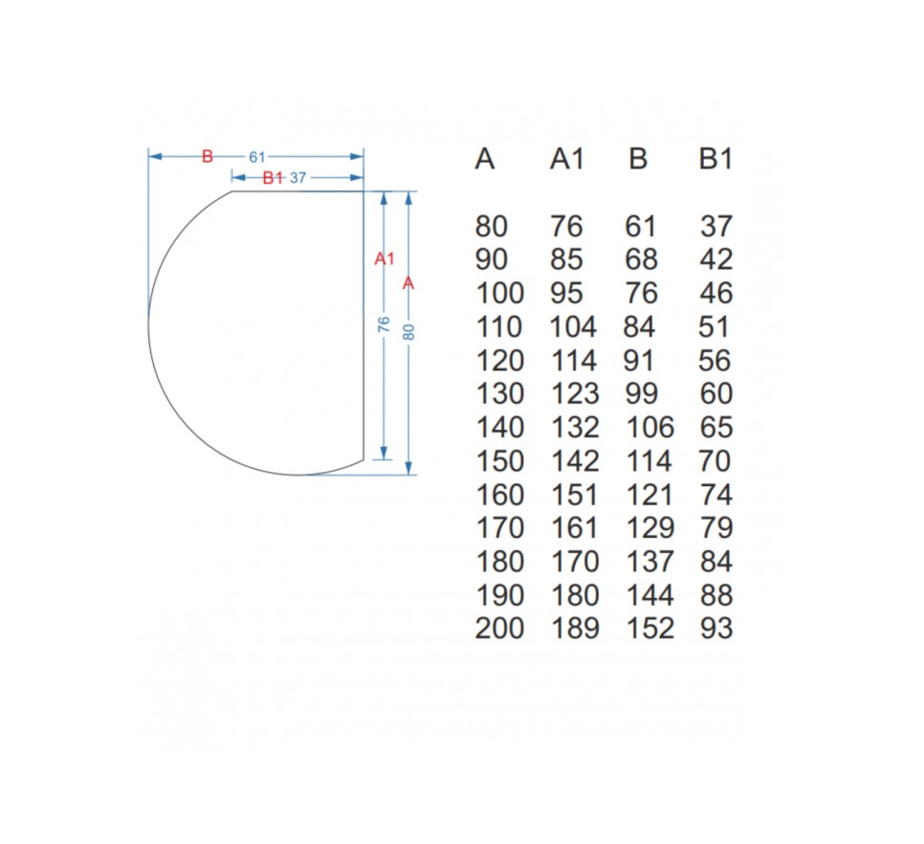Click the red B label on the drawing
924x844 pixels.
click(207, 157)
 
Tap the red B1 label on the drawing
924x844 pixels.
click(273, 177)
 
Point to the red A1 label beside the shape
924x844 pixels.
click(385, 258)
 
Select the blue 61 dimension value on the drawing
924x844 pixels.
click(257, 157)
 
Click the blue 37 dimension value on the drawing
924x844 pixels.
click(298, 177)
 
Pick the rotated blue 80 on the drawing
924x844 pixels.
click(408, 332)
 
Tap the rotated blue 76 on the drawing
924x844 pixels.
click(384, 324)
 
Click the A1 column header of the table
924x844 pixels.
click(567, 159)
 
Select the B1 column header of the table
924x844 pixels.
click(716, 159)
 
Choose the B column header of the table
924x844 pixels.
click(638, 159)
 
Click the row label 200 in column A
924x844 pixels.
click(499, 629)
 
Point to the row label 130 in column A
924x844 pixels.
click(499, 393)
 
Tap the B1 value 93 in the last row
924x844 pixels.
click(716, 629)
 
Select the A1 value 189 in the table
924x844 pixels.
click(575, 629)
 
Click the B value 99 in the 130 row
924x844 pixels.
click(641, 393)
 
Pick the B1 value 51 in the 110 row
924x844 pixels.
click(714, 327)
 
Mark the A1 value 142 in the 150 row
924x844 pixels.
click(575, 461)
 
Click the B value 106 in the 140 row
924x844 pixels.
click(650, 428)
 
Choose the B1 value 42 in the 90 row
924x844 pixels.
click(716, 260)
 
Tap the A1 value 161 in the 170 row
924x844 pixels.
click(575, 528)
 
